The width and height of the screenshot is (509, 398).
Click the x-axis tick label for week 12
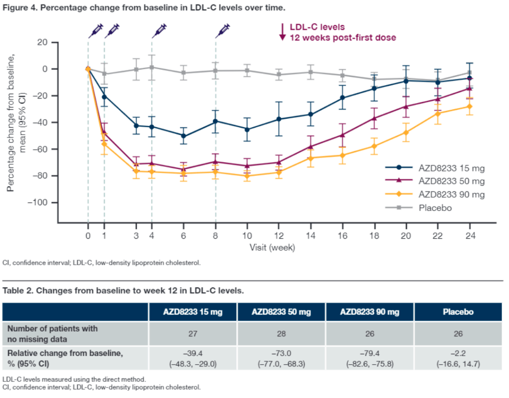tap(279, 235)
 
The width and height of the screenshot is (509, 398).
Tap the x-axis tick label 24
tap(470, 235)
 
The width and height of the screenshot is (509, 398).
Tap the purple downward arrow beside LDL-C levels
tap(282, 32)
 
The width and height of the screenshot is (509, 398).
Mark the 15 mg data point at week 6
tap(183, 136)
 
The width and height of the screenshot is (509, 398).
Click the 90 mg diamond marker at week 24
tap(470, 106)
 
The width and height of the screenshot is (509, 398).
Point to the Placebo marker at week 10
tap(247, 71)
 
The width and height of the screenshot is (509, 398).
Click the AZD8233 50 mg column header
tap(281, 312)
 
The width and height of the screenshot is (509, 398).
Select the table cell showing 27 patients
tap(193, 333)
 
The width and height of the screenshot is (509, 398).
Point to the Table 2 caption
tap(123, 291)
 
